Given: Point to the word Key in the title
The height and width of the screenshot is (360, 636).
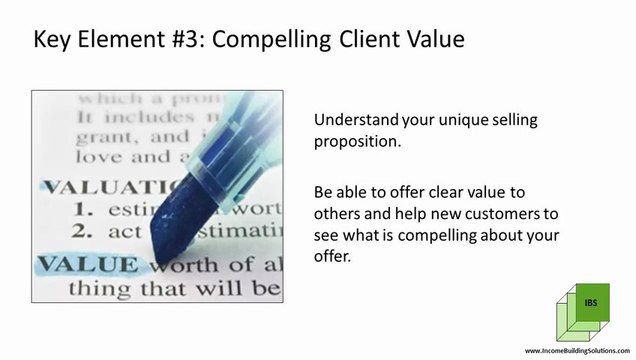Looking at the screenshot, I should [x=53, y=41].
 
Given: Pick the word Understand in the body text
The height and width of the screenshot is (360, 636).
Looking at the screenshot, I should [x=357, y=120].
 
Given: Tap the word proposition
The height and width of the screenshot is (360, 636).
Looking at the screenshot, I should [x=356, y=142].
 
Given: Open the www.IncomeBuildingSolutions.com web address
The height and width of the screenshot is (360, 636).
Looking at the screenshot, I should [x=578, y=352].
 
